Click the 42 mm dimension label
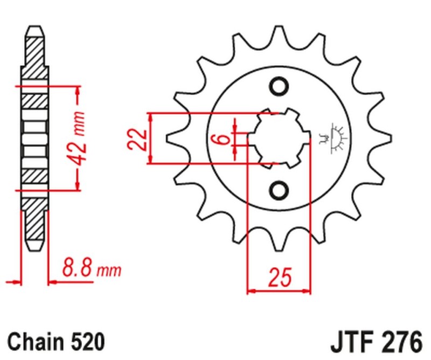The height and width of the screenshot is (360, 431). (79, 138)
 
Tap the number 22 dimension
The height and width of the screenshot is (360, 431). (136, 139)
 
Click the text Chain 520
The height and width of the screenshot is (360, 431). (56, 341)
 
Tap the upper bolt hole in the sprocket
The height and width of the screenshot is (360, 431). (280, 86)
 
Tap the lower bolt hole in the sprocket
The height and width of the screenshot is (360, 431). (280, 190)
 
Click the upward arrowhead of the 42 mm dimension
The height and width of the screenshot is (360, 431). (79, 91)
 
